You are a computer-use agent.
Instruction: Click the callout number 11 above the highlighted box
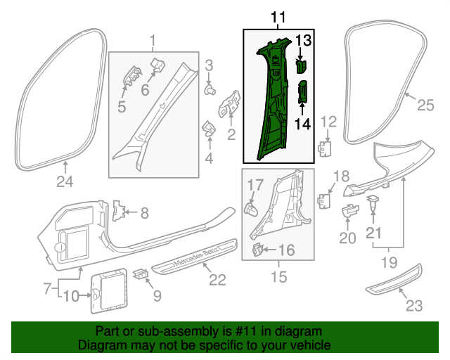click(278, 17)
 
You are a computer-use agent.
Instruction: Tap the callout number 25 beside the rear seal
click(426, 105)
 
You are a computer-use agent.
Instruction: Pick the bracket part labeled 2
click(230, 107)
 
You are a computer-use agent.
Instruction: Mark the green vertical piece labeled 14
click(303, 91)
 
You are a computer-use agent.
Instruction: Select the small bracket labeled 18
click(323, 200)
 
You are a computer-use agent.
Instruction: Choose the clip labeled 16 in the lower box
click(258, 249)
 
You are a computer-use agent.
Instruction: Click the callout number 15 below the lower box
click(278, 278)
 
